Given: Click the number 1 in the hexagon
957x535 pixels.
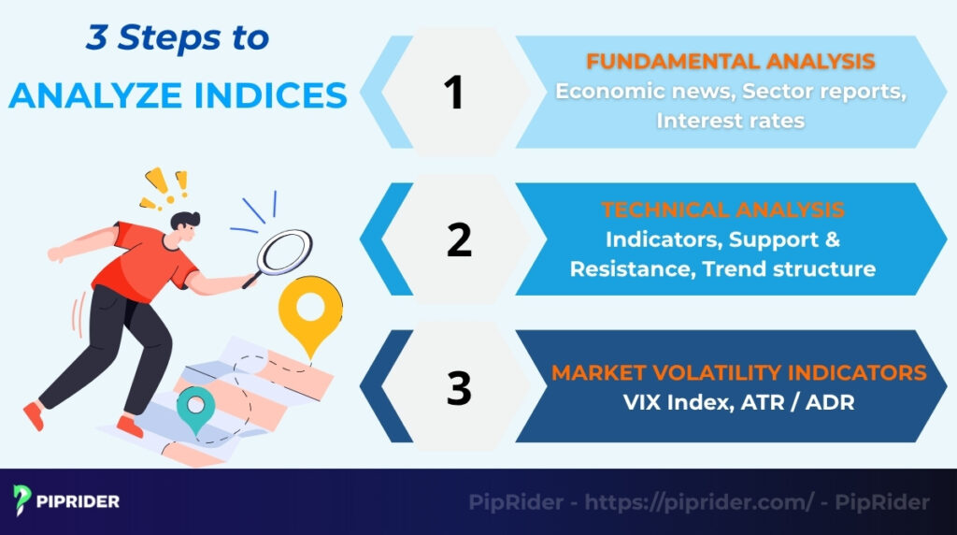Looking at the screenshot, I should [453, 92].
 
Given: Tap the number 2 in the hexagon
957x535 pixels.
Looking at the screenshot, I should [459, 239].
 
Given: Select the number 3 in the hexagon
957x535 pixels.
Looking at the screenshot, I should [459, 387].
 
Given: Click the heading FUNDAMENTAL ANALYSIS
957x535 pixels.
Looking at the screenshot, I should [730, 62].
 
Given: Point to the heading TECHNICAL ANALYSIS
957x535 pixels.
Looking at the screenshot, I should [722, 210].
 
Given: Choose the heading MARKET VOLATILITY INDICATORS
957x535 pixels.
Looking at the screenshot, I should [738, 372].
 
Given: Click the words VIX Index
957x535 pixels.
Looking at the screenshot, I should [665, 403].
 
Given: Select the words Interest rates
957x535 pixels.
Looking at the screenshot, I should [730, 121].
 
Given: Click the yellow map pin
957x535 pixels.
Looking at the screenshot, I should [311, 312].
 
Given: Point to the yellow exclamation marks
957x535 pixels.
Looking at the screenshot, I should [164, 183].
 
